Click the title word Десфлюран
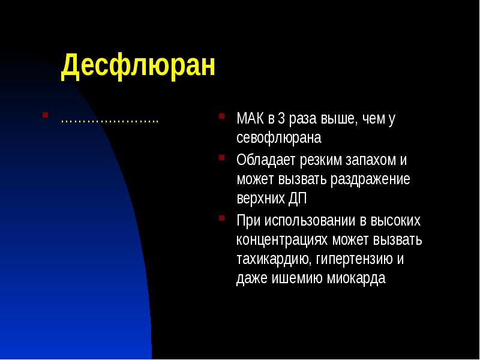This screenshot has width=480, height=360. [137, 66]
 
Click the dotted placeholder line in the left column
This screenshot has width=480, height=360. [109, 120]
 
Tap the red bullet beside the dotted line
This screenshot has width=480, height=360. [45, 114]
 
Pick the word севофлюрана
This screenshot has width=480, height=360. [279, 138]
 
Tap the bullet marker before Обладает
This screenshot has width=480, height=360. [223, 157]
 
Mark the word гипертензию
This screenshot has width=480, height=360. [353, 259]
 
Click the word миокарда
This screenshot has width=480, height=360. [356, 278]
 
